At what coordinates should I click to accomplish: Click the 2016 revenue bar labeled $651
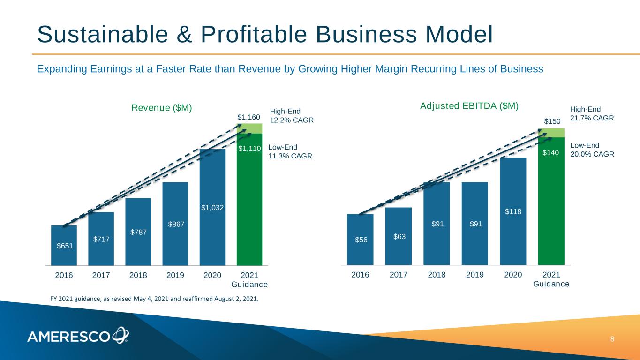(x=64, y=245)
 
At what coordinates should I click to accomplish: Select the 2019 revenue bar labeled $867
(x=175, y=224)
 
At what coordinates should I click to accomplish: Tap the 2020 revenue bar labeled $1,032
(x=212, y=207)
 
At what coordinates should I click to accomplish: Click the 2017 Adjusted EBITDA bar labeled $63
(x=399, y=236)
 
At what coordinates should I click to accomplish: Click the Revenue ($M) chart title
(x=162, y=108)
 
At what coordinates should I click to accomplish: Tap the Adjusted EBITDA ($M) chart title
(x=469, y=106)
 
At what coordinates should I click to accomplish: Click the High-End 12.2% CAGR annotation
(x=292, y=115)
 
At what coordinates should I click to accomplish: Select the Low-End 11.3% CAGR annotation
(x=290, y=151)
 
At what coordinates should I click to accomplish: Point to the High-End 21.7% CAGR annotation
(x=592, y=113)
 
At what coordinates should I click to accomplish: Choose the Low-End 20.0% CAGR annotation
(x=592, y=150)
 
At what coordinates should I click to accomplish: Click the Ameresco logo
(x=78, y=335)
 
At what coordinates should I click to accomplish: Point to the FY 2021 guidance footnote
(x=154, y=298)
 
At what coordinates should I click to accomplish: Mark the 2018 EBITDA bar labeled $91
(x=437, y=224)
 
